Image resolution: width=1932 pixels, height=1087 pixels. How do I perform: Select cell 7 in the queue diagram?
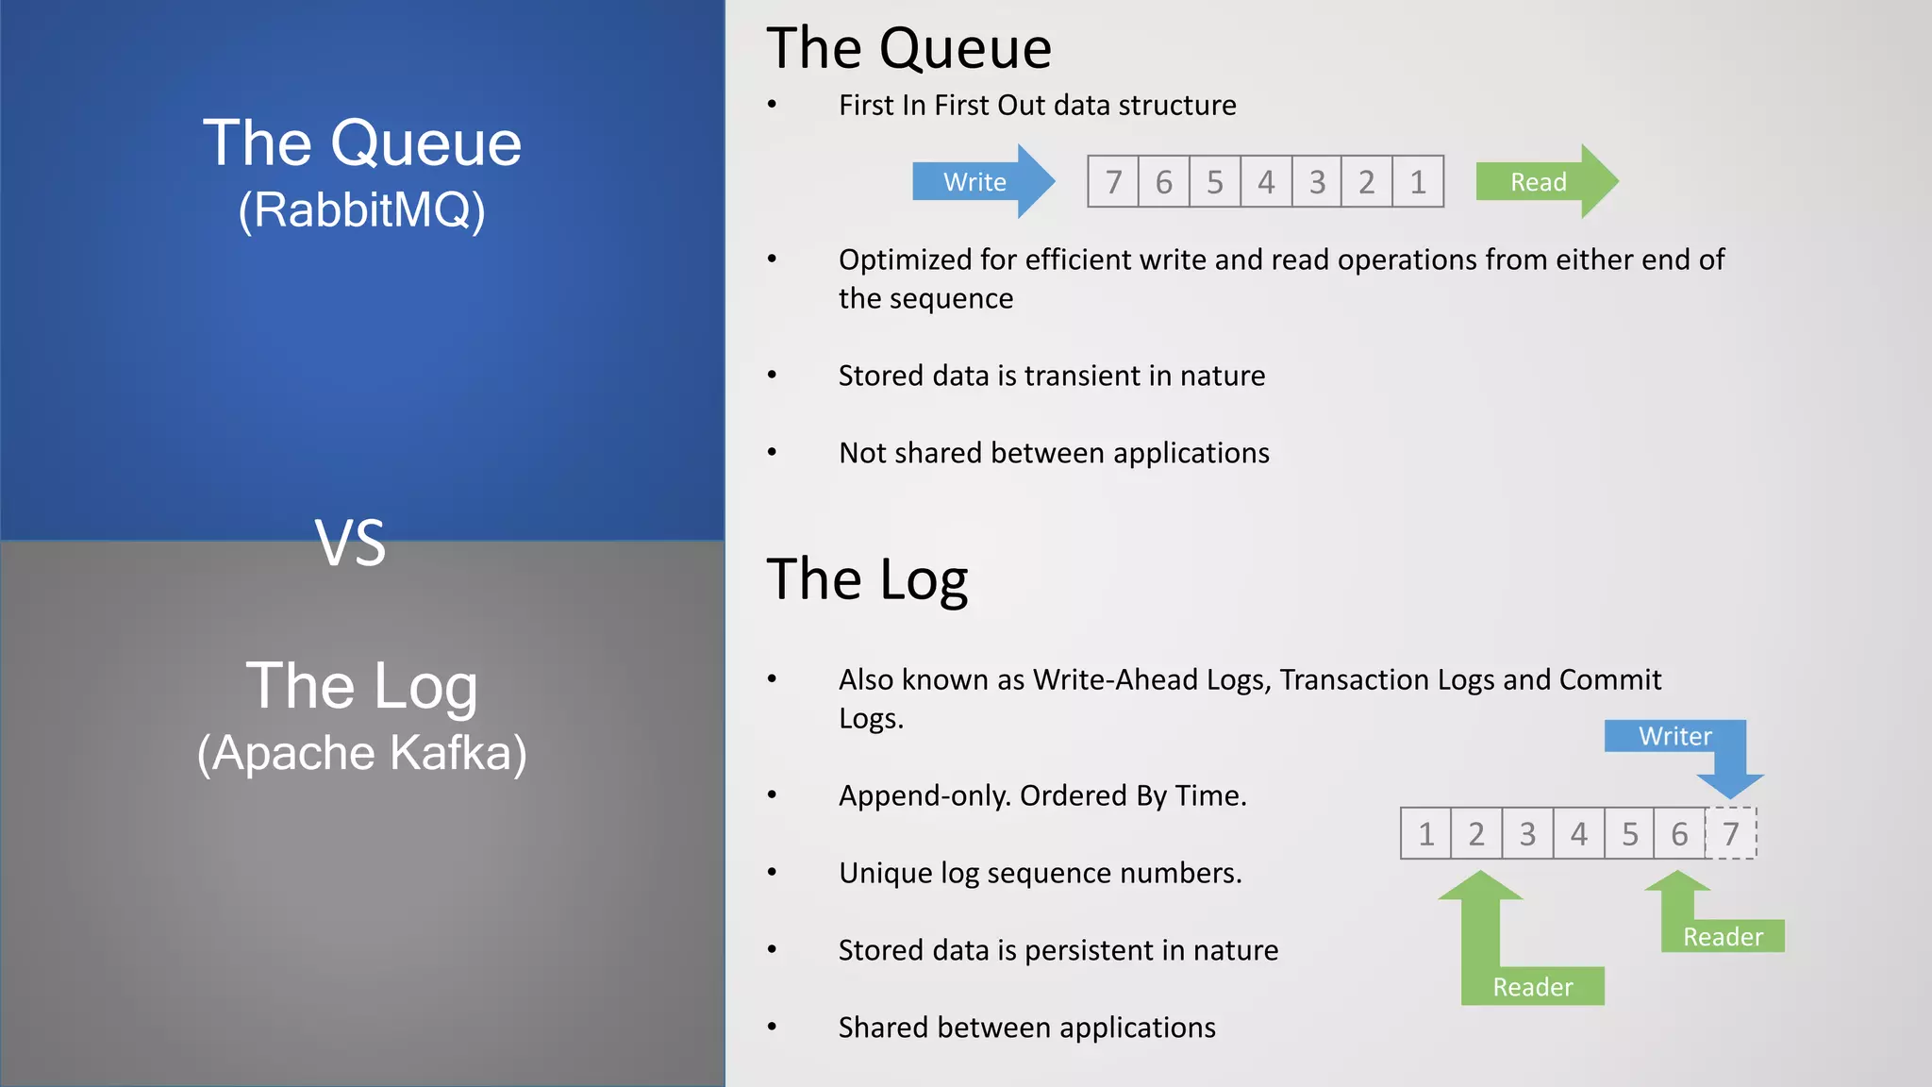pos(1113,181)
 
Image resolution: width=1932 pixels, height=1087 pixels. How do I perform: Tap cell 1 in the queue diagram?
pos(1418,181)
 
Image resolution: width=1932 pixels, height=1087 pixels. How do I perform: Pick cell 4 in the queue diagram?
pos(1266,181)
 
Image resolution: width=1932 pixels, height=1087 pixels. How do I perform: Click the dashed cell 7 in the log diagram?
pos(1731,834)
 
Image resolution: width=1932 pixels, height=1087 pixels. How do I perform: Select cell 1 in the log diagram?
pos(1425,834)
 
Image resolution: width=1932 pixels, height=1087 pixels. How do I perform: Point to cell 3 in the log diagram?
pos(1527,834)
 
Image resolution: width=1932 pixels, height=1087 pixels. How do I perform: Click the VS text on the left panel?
pos(350,543)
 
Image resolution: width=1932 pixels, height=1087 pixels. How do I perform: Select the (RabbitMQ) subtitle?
pos(361,209)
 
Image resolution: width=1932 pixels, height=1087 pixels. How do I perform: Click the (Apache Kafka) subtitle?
pos(361,753)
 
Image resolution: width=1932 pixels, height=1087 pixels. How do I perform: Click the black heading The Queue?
pos(908,48)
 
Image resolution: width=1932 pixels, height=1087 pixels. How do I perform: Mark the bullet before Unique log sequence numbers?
pos(772,872)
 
